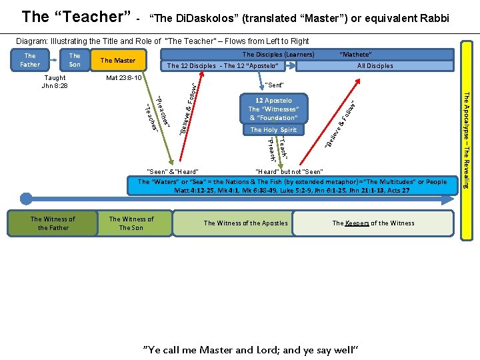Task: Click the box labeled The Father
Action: click(x=30, y=60)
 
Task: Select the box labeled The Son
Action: click(x=75, y=60)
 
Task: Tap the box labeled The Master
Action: click(x=117, y=61)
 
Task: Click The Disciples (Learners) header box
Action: click(x=279, y=55)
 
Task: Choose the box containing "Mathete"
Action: click(x=355, y=55)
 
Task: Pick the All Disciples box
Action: click(x=375, y=66)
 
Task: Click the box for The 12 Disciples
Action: click(x=222, y=66)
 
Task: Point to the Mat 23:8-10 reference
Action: click(x=125, y=78)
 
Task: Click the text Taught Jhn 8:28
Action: click(x=54, y=82)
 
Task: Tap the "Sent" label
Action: click(x=274, y=85)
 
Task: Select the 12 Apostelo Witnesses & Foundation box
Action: click(x=273, y=109)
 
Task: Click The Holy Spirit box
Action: click(x=273, y=130)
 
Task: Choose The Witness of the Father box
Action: click(x=53, y=223)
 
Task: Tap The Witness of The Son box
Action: click(x=131, y=223)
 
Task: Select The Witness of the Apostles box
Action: click(x=245, y=223)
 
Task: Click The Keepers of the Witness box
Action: click(x=373, y=223)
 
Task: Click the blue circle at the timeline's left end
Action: click(x=26, y=198)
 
